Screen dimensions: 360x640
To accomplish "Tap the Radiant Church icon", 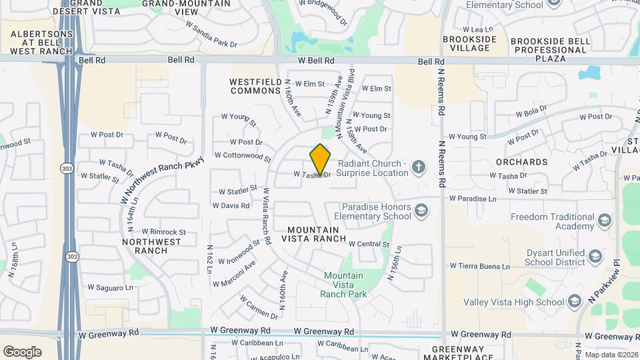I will coord(418,166).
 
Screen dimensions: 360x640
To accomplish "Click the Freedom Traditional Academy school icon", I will coord(604,221).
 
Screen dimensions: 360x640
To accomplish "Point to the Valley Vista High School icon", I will coord(573,303).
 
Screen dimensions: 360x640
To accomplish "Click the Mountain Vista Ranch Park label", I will coord(343,285).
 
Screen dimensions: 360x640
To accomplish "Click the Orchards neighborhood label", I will coord(522,162).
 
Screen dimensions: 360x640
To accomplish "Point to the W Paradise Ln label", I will coord(473,199).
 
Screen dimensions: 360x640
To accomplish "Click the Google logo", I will coord(22,351).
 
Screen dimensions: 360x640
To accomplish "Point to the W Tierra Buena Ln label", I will coord(479,266).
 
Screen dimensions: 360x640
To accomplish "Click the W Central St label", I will coord(369,245).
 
